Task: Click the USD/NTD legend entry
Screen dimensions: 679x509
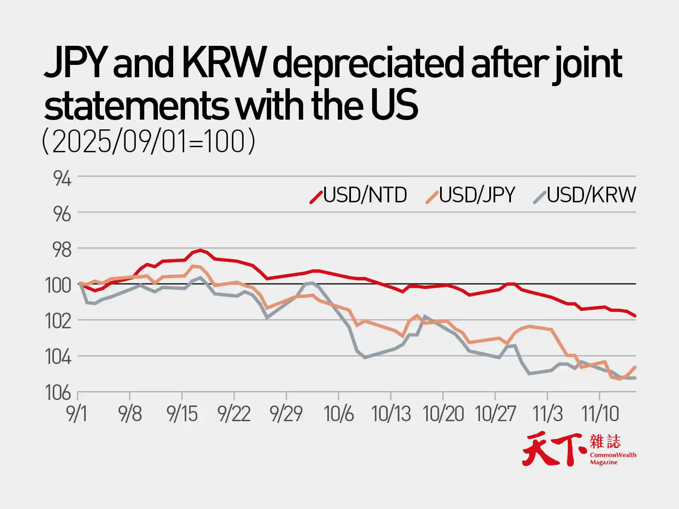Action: [x=359, y=196]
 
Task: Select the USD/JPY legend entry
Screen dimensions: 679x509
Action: [x=471, y=196]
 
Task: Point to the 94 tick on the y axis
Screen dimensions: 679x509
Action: [x=62, y=179]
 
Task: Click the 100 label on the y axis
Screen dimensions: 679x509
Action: [x=58, y=286]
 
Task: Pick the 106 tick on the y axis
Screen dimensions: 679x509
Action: [x=58, y=394]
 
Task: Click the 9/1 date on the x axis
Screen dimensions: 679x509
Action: [x=77, y=414]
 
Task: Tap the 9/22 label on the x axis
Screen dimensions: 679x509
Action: [x=234, y=414]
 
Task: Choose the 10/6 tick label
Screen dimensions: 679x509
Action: [x=339, y=414]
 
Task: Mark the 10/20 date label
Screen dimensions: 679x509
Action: [x=443, y=414]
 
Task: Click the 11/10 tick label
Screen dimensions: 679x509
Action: [x=600, y=414]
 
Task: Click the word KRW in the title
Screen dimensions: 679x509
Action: [x=224, y=64]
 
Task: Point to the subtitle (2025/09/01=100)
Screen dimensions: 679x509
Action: [x=149, y=142]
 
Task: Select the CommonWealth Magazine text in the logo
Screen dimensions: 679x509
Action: [x=613, y=458]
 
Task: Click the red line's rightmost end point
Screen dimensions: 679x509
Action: [x=635, y=316]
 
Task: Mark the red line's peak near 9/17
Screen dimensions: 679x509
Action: [x=201, y=250]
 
